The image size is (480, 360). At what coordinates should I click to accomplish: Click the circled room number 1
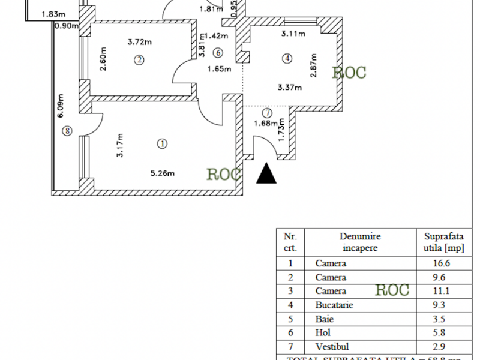(162, 143)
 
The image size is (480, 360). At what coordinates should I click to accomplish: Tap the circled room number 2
(139, 59)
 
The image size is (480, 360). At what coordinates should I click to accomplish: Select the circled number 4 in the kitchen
(288, 59)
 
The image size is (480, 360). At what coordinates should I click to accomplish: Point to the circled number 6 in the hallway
(217, 52)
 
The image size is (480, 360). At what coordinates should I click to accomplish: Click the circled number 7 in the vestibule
(268, 113)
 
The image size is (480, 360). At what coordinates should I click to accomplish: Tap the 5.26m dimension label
(162, 174)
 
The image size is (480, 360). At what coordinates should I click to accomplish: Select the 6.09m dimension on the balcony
(61, 106)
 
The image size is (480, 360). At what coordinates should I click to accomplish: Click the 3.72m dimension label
(139, 42)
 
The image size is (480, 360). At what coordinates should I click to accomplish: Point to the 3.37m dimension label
(290, 88)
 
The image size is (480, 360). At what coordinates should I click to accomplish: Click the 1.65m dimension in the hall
(220, 68)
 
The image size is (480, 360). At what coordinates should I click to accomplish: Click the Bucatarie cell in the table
(334, 305)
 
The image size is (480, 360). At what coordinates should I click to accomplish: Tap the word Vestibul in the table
(332, 347)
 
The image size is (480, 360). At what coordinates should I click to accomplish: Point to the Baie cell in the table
(323, 319)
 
